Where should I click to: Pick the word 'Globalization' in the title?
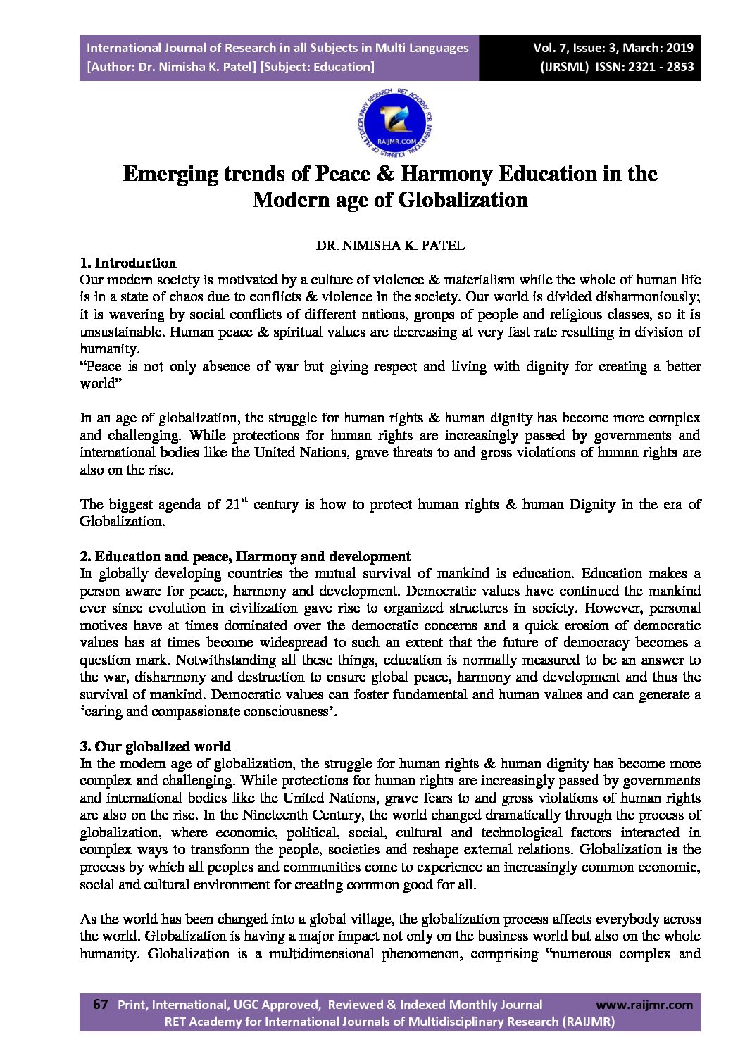tap(463, 200)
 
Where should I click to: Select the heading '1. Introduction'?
tap(128, 263)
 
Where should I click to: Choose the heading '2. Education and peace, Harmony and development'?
tap(245, 556)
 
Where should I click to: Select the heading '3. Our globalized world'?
tap(156, 746)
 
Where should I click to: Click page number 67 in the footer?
tap(100, 1005)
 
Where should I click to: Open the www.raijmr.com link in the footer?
tap(644, 1005)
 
